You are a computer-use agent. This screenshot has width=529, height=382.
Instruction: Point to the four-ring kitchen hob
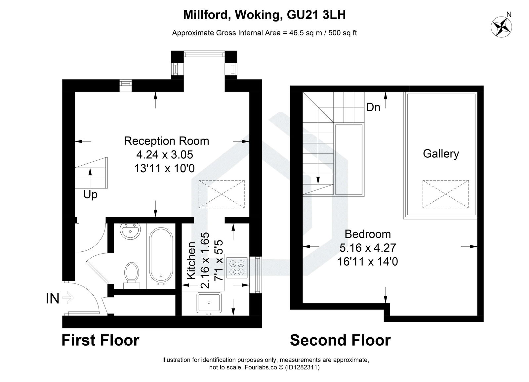pos(237,268)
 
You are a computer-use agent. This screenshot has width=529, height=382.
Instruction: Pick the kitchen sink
pos(209,302)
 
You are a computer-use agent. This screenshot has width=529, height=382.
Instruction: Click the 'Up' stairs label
pos(90,194)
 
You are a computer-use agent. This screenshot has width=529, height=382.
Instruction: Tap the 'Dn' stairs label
pos(373,107)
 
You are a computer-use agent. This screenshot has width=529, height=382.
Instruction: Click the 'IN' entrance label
pos(53,299)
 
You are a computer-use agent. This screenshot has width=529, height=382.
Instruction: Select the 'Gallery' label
pos(441,154)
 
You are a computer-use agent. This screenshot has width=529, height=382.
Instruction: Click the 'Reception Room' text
pos(166,141)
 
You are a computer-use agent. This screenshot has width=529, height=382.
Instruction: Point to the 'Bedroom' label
pos(368,234)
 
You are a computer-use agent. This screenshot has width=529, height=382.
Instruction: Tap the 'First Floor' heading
pos(101,340)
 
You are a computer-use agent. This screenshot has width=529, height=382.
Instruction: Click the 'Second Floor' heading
pos(340,340)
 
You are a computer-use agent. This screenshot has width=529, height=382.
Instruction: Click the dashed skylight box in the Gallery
pos(446,194)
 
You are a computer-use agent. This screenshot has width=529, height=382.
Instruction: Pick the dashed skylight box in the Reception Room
pos(222,194)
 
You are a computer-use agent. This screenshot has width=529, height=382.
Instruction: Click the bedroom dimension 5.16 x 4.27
pos(368,248)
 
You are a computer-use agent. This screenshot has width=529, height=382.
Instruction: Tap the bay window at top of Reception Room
pos(204,54)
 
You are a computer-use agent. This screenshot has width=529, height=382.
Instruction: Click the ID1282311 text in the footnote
pos(302,367)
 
